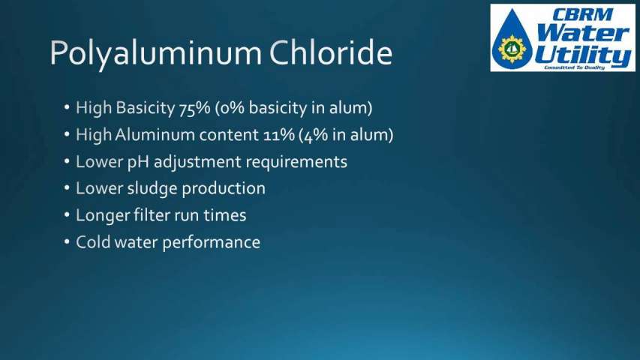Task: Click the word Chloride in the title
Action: point(331,52)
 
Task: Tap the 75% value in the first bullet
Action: point(194,108)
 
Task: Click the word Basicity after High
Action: point(146,108)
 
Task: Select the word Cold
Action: point(94,242)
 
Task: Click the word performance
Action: point(212,243)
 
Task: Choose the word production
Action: point(224,189)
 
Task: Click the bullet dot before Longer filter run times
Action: point(67,215)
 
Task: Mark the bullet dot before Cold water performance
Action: point(67,242)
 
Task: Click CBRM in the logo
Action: point(582,15)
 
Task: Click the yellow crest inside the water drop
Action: point(512,49)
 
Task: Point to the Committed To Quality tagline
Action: point(574,67)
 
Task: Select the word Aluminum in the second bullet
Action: point(155,135)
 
